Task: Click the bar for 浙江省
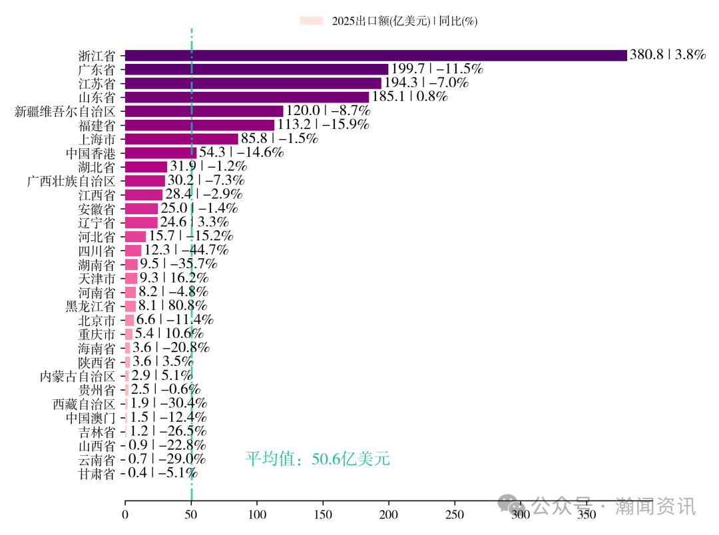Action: pyautogui.click(x=375, y=55)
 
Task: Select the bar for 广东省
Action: pyautogui.click(x=256, y=69)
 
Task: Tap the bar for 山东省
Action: pyautogui.click(x=246, y=97)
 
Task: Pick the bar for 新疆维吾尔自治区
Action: pyautogui.click(x=204, y=111)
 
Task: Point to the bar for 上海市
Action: pyautogui.click(x=181, y=139)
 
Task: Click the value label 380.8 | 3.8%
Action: pyautogui.click(x=667, y=55)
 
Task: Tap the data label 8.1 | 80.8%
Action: pyautogui.click(x=172, y=306)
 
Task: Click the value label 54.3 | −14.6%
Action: pyautogui.click(x=242, y=152)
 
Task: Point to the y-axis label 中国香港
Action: pyautogui.click(x=91, y=153)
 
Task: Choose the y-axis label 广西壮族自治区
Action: pyautogui.click(x=71, y=181)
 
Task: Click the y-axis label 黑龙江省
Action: pyautogui.click(x=91, y=306)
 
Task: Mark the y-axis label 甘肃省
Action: pyautogui.click(x=97, y=474)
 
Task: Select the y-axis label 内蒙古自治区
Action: pyautogui.click(x=78, y=376)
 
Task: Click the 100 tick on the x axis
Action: pyautogui.click(x=257, y=514)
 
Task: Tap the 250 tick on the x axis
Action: pyautogui.click(x=455, y=514)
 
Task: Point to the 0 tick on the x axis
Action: pyautogui.click(x=125, y=514)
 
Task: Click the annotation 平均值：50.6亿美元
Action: pyautogui.click(x=318, y=458)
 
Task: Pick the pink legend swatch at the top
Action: pyautogui.click(x=311, y=21)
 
